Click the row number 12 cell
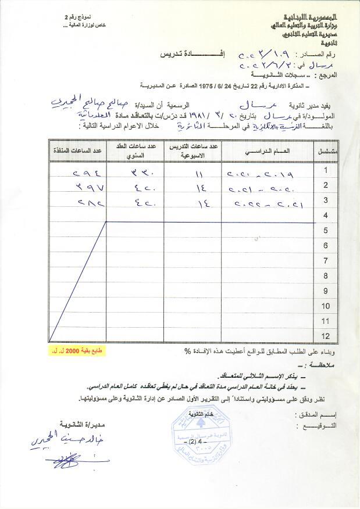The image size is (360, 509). [326, 336]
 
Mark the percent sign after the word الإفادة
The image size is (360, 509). [187, 352]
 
